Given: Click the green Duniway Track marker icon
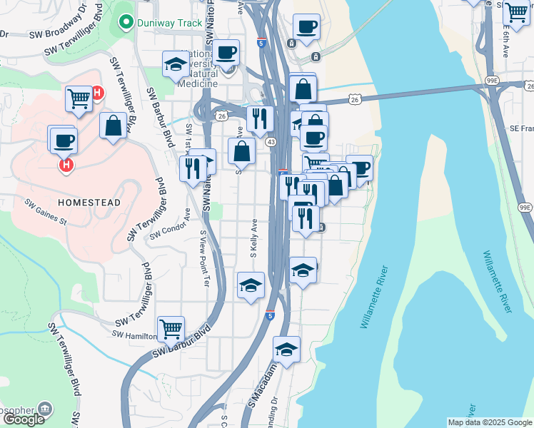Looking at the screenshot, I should (126, 22).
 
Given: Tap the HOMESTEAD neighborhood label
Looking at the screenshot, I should (89, 203).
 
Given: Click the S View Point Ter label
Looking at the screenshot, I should (204, 248).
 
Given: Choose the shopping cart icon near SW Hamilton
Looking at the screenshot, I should (171, 329).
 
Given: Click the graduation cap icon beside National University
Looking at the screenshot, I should (175, 65).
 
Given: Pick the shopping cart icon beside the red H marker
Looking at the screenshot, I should (79, 98).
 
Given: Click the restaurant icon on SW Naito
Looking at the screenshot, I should (191, 168).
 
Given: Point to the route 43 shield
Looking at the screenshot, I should (271, 143).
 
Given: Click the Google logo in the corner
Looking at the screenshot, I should (23, 419).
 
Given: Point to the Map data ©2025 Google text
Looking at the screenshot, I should (489, 422).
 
